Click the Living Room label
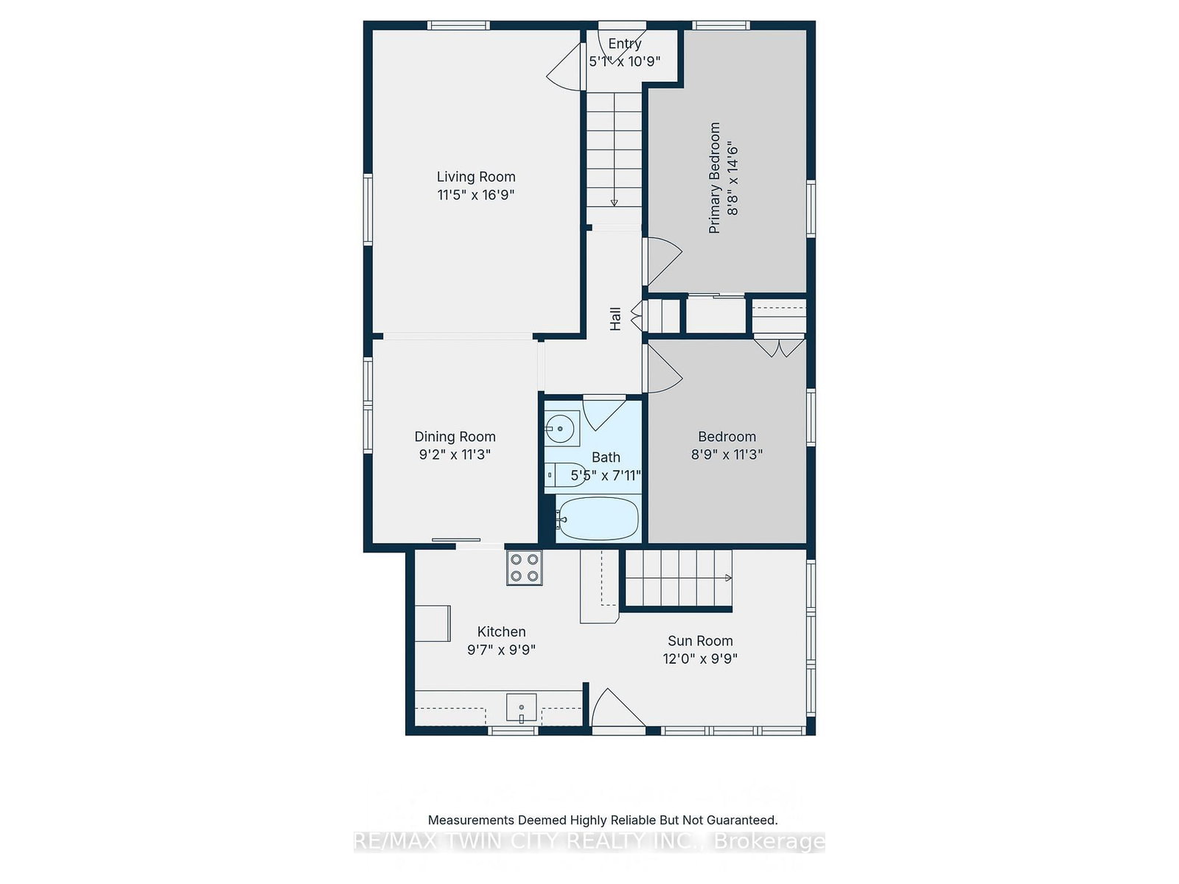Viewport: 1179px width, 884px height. pyautogui.click(x=475, y=177)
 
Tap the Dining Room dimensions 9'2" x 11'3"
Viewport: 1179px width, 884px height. pyautogui.click(x=455, y=454)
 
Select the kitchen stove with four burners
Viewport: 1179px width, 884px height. pyautogui.click(x=524, y=567)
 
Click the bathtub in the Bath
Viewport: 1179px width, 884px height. pyautogui.click(x=598, y=519)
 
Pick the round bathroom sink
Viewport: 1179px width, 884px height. pyautogui.click(x=561, y=428)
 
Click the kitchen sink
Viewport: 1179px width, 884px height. pyautogui.click(x=521, y=708)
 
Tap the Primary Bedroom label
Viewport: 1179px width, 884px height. pyautogui.click(x=714, y=178)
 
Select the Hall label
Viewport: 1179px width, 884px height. pyautogui.click(x=615, y=319)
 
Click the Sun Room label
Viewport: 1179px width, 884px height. pyautogui.click(x=700, y=640)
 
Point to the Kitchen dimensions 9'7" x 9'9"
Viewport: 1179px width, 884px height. pyautogui.click(x=501, y=650)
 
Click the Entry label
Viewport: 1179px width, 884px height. pyautogui.click(x=624, y=43)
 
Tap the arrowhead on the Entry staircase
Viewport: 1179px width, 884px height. pyautogui.click(x=614, y=203)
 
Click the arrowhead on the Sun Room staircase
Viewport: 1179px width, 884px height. pyautogui.click(x=728, y=578)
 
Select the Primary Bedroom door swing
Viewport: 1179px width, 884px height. pyautogui.click(x=662, y=262)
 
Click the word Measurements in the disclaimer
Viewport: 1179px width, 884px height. pyautogui.click(x=470, y=820)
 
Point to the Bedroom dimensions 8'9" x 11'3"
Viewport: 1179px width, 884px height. pyautogui.click(x=727, y=454)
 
